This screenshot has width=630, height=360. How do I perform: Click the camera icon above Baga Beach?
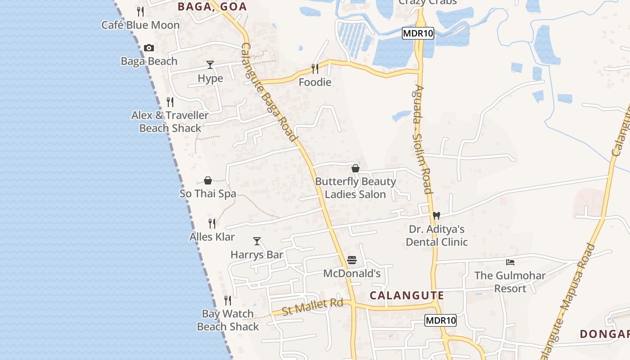pyautogui.click(x=149, y=48)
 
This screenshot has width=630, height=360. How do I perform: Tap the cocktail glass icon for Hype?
pyautogui.click(x=210, y=65)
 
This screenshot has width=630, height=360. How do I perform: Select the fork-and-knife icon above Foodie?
pyautogui.click(x=315, y=68)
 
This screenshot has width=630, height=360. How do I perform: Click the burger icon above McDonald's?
pyautogui.click(x=352, y=260)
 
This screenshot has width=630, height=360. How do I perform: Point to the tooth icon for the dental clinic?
pyautogui.click(x=436, y=216)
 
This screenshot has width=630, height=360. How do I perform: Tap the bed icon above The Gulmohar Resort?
pyautogui.click(x=510, y=262)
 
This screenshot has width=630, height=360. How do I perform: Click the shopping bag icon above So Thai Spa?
pyautogui.click(x=208, y=180)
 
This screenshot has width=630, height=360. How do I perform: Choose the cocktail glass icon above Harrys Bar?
pyautogui.click(x=257, y=241)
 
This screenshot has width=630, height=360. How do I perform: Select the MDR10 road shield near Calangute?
pyautogui.click(x=441, y=320)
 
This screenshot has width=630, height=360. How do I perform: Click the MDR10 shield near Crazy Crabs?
pyautogui.click(x=418, y=33)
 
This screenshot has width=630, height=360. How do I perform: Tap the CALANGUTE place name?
pyautogui.click(x=407, y=296)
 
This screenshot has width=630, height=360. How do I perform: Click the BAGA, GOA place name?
pyautogui.click(x=212, y=7)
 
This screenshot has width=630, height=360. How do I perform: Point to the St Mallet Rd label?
pyautogui.click(x=312, y=307)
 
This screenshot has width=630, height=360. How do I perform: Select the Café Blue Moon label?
pyautogui.click(x=140, y=25)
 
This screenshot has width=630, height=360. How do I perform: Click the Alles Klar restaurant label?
pyautogui.click(x=212, y=237)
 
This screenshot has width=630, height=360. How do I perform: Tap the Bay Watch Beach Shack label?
pyautogui.click(x=228, y=320)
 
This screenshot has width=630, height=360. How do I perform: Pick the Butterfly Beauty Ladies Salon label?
pyautogui.click(x=355, y=188)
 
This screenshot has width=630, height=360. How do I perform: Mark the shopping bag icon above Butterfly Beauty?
pyautogui.click(x=355, y=168)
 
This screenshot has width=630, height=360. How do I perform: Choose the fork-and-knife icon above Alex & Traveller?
pyautogui.click(x=170, y=102)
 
